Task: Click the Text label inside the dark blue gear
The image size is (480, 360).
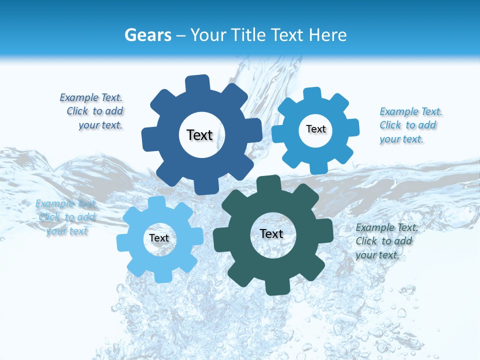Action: click(x=199, y=135)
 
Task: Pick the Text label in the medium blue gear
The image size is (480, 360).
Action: click(x=315, y=129)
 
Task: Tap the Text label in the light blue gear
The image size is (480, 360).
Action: click(x=159, y=238)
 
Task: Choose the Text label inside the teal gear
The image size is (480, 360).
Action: click(x=271, y=233)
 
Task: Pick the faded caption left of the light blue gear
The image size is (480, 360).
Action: click(x=66, y=217)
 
